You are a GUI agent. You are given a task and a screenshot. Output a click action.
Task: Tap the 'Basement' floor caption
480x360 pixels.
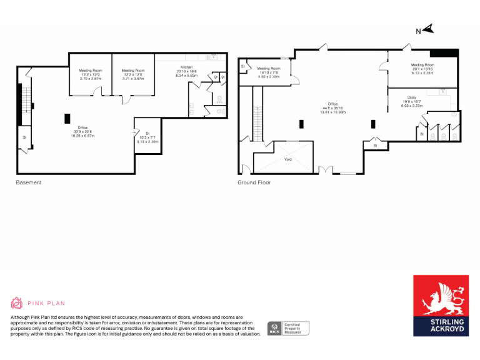pyautogui.click(x=29, y=182)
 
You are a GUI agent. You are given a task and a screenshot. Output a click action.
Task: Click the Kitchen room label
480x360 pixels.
pyautogui.click(x=186, y=67)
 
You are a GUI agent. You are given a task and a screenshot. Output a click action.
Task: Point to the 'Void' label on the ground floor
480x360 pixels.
pyautogui.click(x=288, y=159)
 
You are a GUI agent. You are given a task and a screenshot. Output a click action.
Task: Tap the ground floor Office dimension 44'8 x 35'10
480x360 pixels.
pyautogui.click(x=332, y=109)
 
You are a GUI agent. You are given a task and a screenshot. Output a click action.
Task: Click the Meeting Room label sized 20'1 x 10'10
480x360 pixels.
pyautogui.click(x=422, y=65)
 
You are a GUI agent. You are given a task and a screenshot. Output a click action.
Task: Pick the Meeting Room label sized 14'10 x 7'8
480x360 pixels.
pyautogui.click(x=268, y=69)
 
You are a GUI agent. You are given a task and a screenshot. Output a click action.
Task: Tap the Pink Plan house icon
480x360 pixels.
pyautogui.click(x=16, y=303)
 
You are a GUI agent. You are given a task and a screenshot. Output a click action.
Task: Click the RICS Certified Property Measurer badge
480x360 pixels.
pyautogui.click(x=288, y=328)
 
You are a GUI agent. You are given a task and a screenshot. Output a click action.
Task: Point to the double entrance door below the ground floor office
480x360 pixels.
pyautogui.click(x=324, y=169)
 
